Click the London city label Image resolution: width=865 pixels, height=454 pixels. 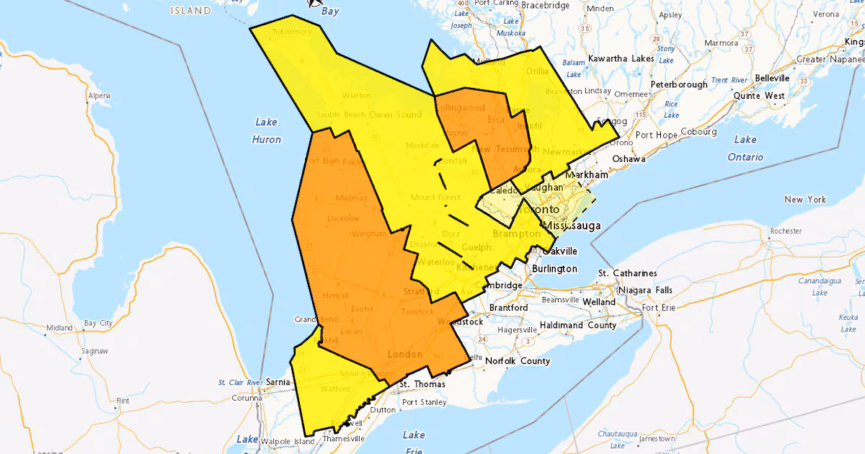(x=404, y=354)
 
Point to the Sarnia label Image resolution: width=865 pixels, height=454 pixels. (x=278, y=381)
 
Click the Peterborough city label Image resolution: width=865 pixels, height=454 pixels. (x=678, y=84)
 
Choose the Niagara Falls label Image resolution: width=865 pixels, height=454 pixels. (x=644, y=290)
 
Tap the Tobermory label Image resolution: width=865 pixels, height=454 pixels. (x=292, y=32)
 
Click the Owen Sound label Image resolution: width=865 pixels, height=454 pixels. (x=395, y=115)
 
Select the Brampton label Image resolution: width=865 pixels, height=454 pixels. (x=516, y=234)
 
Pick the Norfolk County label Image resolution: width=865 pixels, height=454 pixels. (x=517, y=361)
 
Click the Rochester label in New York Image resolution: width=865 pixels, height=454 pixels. (x=785, y=231)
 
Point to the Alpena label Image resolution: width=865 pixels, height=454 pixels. (x=99, y=96)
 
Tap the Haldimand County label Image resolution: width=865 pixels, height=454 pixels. (x=583, y=325)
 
